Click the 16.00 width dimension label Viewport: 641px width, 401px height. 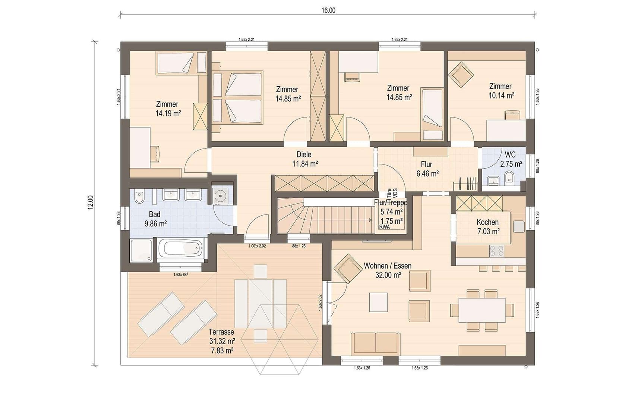point(328,10)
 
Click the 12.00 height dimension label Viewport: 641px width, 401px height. point(91,203)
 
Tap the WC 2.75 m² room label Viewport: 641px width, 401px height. point(511,159)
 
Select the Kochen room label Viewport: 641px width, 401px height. point(487,222)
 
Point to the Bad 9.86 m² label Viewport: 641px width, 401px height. point(155,219)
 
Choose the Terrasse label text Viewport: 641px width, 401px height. point(221,332)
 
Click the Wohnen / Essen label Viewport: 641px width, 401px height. point(388,266)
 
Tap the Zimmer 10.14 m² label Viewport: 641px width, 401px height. point(501,91)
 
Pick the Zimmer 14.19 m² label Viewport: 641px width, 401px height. point(168,109)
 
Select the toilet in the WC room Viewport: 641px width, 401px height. point(509,178)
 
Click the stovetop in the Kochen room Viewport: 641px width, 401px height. point(496,251)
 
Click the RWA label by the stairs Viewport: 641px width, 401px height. point(384,227)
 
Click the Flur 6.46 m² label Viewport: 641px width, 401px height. point(427,169)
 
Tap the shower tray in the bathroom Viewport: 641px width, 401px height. point(141,250)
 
